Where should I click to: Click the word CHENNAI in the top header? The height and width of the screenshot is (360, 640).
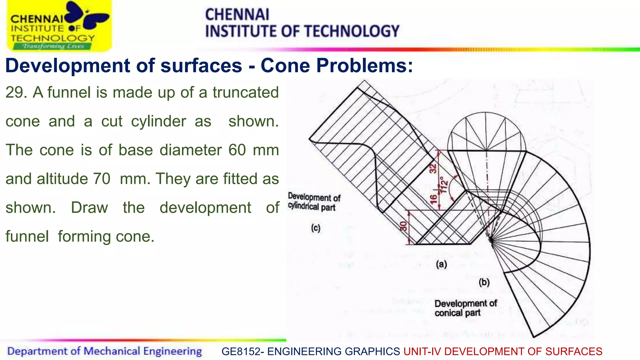(237, 15)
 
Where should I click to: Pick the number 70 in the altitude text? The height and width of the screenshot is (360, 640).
(102, 179)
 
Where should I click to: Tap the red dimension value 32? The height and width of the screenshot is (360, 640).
(433, 168)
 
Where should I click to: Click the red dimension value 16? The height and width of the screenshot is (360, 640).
(434, 199)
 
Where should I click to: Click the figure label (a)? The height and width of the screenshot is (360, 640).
(441, 264)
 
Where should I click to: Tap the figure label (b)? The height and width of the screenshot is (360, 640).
(484, 282)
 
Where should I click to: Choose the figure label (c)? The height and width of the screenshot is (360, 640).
(316, 228)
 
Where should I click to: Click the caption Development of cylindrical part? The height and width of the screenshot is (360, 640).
(314, 202)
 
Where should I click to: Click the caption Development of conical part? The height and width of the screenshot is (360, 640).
(465, 308)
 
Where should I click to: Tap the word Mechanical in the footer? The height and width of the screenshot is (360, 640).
(112, 351)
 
